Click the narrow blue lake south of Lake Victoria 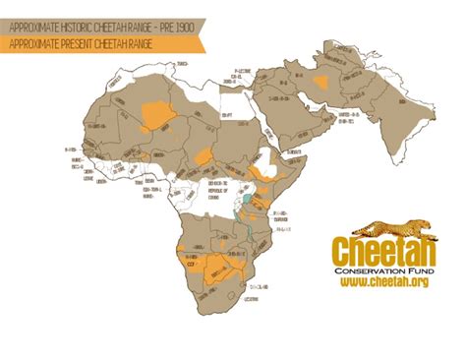(247, 236)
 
